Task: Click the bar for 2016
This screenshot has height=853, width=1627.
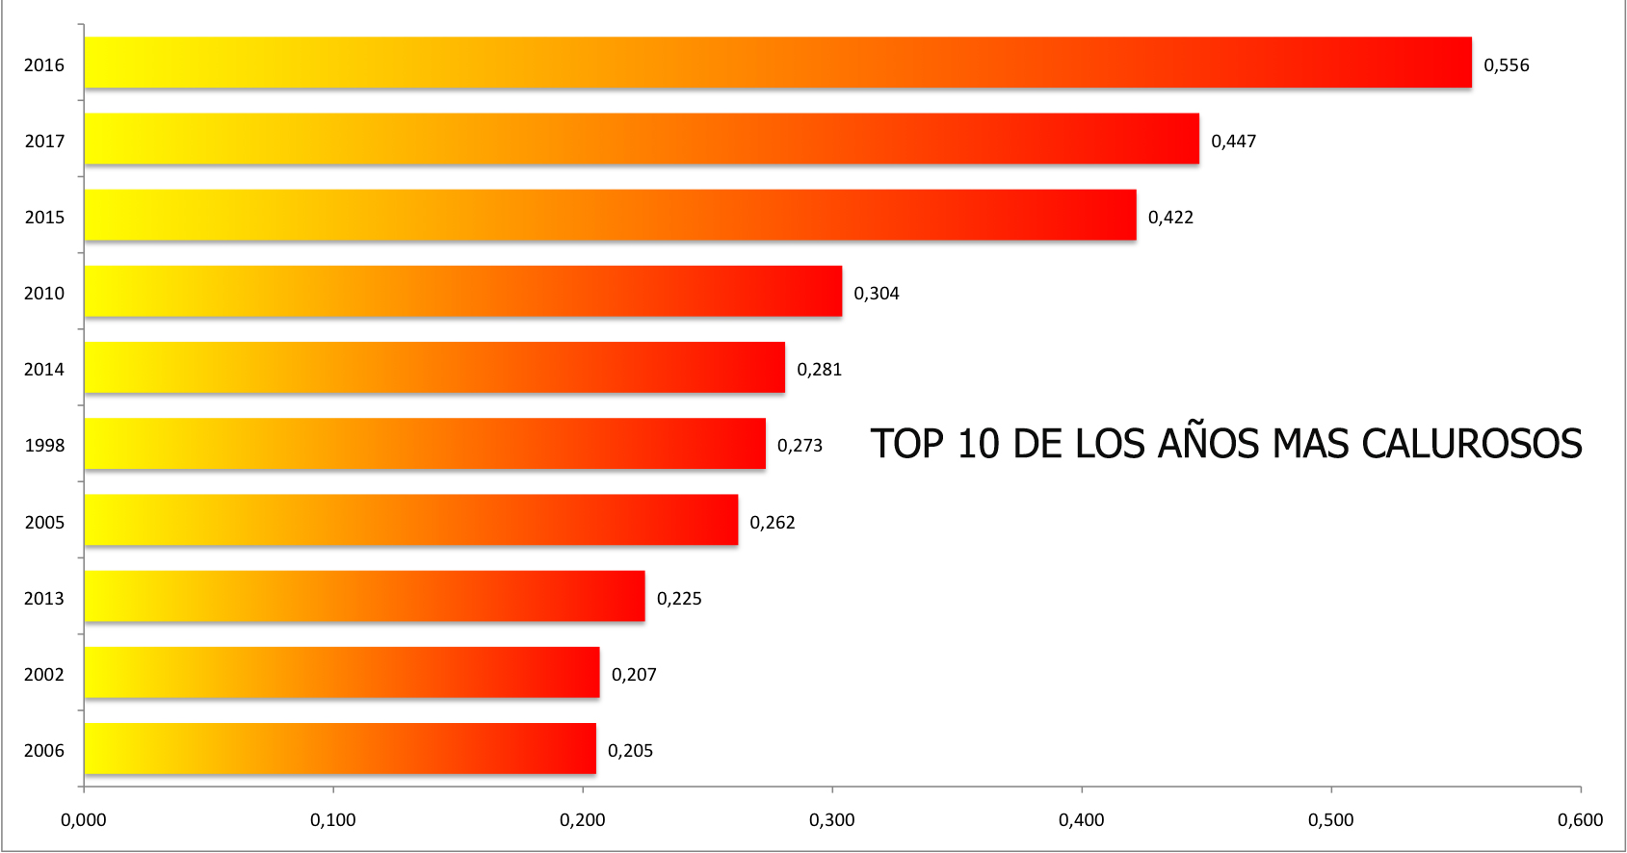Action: tap(777, 63)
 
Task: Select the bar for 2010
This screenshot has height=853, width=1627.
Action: tap(462, 291)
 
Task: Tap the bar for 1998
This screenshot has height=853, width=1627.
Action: tap(424, 443)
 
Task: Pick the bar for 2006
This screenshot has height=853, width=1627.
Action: tap(339, 748)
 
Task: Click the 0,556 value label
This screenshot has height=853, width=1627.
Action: tap(1506, 65)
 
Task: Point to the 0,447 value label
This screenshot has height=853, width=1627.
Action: tap(1233, 142)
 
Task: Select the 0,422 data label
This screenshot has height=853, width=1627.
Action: tap(1170, 218)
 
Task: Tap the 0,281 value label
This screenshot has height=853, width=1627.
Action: tap(819, 370)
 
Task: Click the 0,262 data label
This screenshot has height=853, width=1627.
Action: tap(773, 523)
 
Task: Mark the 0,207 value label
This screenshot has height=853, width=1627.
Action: tap(634, 675)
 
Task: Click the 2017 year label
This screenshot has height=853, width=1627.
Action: tap(44, 142)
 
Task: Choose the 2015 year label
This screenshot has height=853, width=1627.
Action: tap(44, 218)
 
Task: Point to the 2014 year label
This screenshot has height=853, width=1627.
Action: tap(44, 370)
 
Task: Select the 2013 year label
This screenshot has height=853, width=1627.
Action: tap(44, 599)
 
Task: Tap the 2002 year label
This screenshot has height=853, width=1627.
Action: tap(44, 675)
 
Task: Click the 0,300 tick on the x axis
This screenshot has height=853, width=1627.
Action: tap(831, 820)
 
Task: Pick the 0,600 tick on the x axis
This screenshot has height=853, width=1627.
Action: tap(1580, 820)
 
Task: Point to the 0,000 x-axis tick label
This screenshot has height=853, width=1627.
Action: tap(84, 820)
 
